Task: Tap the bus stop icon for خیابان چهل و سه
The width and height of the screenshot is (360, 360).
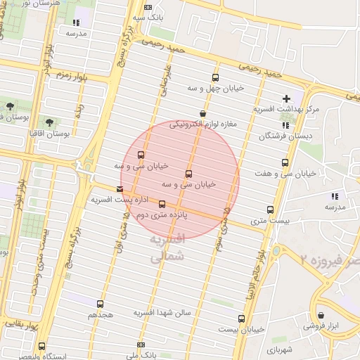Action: [214, 78]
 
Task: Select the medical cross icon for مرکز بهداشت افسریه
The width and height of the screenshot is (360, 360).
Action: [286, 98]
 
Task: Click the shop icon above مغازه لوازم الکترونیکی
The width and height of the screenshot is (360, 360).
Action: [203, 113]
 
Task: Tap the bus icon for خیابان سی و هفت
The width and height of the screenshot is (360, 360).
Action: [285, 162]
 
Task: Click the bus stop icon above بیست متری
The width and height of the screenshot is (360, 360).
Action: [271, 210]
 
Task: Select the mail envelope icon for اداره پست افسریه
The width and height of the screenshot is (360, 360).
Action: [120, 189]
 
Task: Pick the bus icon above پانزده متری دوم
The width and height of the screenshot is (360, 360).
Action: [162, 205]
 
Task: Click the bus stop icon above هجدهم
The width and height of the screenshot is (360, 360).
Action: [100, 304]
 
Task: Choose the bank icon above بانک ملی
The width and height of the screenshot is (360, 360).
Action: [141, 345]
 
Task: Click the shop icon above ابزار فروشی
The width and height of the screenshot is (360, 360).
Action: [321, 316]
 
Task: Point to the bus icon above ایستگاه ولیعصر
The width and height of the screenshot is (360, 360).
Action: [42, 347]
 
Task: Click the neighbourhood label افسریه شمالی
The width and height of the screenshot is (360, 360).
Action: [167, 248]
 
